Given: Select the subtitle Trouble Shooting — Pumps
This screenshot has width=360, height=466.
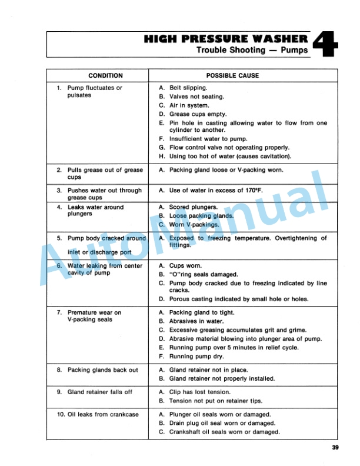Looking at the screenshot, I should tap(251, 51).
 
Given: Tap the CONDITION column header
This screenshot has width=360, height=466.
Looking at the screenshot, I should tap(105, 76).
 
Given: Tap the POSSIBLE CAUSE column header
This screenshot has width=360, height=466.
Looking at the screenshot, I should tap(232, 76).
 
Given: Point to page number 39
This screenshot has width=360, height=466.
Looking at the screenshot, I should tap(335, 448).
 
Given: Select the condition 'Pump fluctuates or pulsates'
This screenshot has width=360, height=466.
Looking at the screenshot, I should tap(95, 91).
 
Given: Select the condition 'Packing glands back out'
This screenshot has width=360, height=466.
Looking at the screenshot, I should tap(102, 370).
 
